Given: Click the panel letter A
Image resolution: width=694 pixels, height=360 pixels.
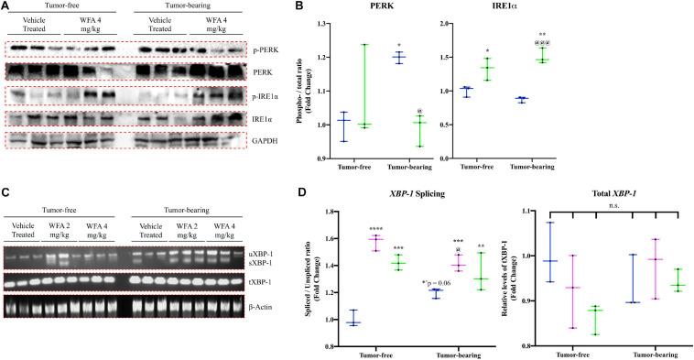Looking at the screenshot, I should [x=5, y=7].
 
